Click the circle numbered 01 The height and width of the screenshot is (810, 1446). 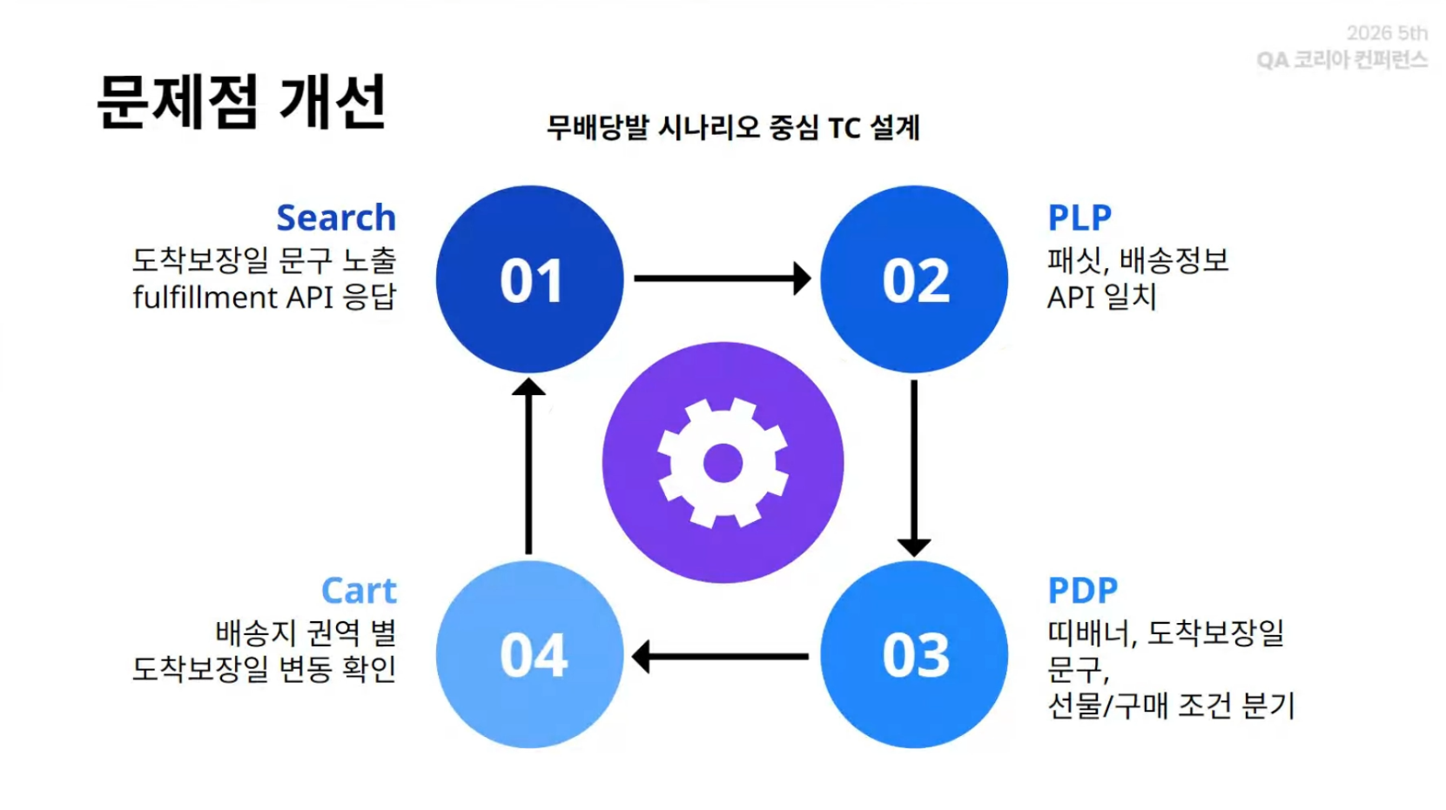tap(530, 279)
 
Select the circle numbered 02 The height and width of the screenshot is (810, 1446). tap(914, 279)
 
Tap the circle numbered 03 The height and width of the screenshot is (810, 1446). tap(914, 654)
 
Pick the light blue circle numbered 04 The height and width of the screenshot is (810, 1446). tap(530, 654)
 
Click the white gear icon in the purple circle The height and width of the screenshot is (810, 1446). tap(723, 463)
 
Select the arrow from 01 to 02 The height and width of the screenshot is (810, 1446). tap(723, 278)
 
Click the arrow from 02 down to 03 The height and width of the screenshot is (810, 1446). tap(914, 468)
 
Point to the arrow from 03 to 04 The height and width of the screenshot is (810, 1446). tap(720, 657)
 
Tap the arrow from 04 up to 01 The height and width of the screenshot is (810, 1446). tap(528, 465)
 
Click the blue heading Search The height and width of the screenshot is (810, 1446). tap(336, 218)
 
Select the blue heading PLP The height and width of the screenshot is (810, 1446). tap(1079, 218)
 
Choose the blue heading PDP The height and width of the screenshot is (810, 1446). tap(1083, 590)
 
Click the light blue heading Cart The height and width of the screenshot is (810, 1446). tap(359, 590)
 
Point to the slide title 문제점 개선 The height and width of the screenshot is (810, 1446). tap(241, 102)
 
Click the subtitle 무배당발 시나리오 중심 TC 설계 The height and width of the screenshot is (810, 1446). tap(733, 128)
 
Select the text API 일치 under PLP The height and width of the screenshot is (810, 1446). tap(1101, 298)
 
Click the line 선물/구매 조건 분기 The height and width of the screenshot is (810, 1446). tap(1171, 706)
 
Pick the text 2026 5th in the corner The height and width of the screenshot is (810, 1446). tap(1387, 33)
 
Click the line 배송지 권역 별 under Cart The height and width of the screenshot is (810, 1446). tap(306, 633)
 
